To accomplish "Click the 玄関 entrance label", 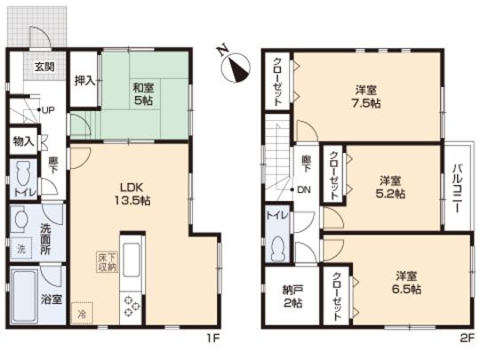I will pyautogui.click(x=44, y=68).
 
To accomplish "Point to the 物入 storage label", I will pyautogui.click(x=23, y=140).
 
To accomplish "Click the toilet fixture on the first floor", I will pyautogui.click(x=24, y=173).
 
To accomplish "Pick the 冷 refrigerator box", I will pyautogui.click(x=81, y=313).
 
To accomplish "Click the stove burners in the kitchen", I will pyautogui.click(x=132, y=304).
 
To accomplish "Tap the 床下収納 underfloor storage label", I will pyautogui.click(x=105, y=260).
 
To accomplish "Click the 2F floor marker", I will pyautogui.click(x=467, y=339).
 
